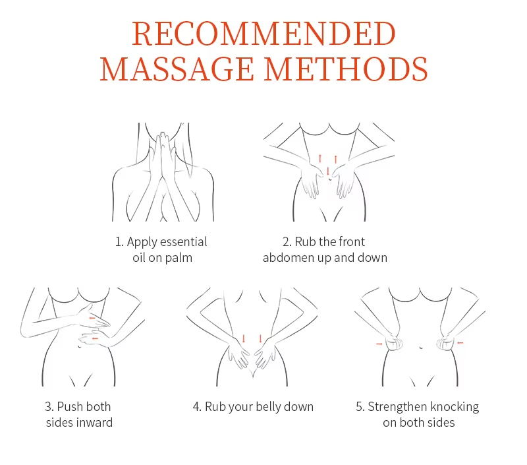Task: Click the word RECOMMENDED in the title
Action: [x=264, y=34]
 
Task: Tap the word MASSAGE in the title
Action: [x=177, y=69]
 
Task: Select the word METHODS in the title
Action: [x=346, y=69]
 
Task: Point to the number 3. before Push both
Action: [x=49, y=407]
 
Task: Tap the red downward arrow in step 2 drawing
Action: [x=327, y=171]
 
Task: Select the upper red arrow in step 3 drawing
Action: [x=92, y=318]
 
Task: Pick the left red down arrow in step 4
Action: [x=244, y=339]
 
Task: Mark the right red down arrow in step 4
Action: [x=260, y=339]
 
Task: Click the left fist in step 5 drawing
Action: [x=394, y=344]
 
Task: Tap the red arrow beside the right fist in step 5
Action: [x=460, y=343]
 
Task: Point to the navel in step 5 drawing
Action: [x=421, y=347]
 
